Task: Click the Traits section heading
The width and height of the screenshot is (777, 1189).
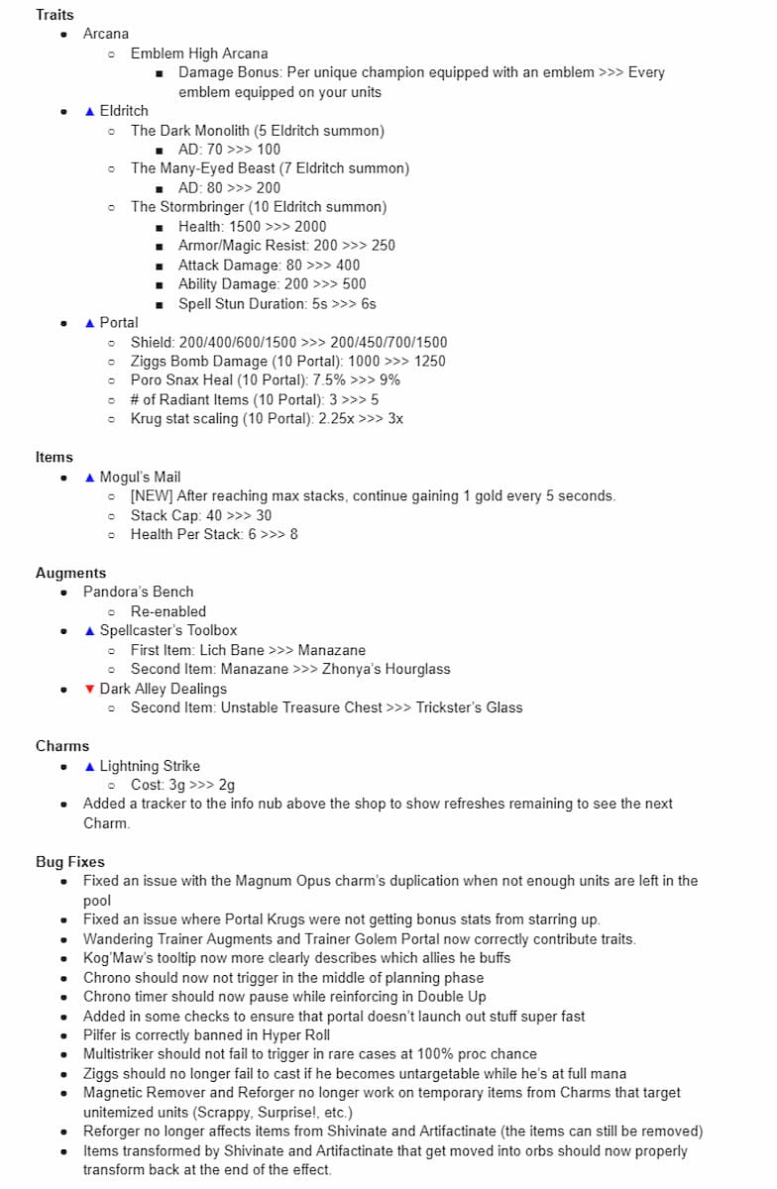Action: coord(55,15)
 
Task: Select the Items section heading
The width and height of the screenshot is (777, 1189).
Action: coord(55,457)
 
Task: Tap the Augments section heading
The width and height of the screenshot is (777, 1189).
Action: coord(70,573)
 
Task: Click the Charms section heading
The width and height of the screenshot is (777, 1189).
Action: coord(62,746)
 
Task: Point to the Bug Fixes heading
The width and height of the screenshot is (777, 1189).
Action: coord(70,862)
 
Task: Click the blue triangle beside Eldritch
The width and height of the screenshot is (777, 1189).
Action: coord(90,111)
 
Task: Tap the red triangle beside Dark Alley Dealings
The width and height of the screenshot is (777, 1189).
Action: coord(90,689)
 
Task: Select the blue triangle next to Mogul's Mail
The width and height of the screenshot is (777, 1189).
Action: coord(90,477)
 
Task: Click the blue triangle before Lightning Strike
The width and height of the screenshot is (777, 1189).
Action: coord(90,766)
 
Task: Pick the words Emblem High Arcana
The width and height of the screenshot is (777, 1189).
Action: coord(199,54)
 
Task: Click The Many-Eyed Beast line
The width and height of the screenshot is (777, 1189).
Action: coord(270,168)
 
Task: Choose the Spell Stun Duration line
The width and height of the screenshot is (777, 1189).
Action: coord(277,303)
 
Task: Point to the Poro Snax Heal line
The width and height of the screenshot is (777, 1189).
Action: coord(266,380)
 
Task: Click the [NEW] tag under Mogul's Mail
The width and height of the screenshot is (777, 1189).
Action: coord(152,495)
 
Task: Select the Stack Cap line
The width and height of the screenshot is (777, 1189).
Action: coord(201,515)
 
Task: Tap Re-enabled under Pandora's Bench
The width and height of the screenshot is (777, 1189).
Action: coord(168,611)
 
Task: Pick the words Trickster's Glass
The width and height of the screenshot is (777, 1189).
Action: coord(469,707)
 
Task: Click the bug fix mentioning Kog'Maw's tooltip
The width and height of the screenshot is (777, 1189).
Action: coord(310,958)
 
